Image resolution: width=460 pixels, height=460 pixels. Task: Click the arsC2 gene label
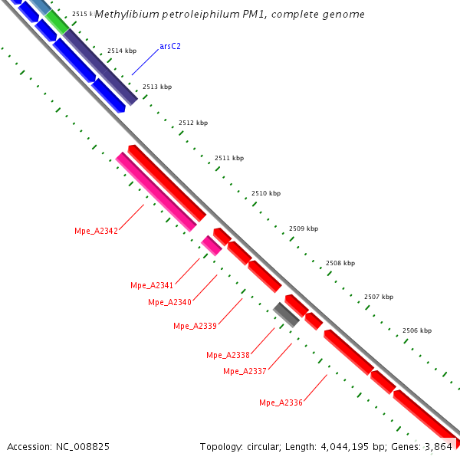click(170, 46)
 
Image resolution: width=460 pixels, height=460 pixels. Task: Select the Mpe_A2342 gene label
click(96, 231)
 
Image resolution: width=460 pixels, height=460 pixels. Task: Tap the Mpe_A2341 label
click(152, 285)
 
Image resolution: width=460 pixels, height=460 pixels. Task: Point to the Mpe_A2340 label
click(169, 302)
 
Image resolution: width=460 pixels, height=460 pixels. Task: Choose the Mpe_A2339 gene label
click(195, 326)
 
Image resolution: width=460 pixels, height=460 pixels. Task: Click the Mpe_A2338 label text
click(228, 355)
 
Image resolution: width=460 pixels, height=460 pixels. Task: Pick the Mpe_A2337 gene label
click(245, 371)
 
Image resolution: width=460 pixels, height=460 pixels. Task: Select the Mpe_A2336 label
click(281, 402)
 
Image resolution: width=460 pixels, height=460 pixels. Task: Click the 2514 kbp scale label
click(122, 51)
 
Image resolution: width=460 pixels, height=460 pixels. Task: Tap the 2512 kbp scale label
click(193, 123)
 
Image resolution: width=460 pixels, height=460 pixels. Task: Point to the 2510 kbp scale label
click(266, 193)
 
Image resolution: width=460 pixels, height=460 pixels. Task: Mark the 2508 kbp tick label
click(340, 263)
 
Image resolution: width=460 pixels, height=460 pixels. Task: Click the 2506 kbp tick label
click(417, 330)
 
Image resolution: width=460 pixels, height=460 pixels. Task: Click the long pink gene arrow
click(156, 192)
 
